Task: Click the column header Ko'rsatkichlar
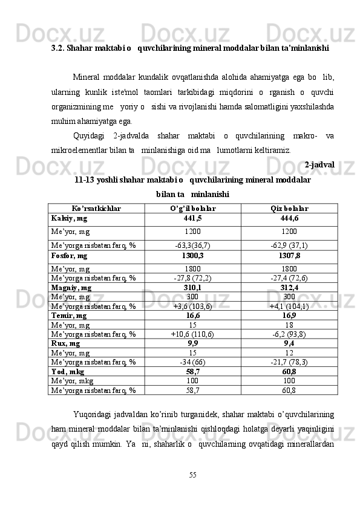click(x=96, y=208)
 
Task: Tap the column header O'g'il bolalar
click(x=192, y=208)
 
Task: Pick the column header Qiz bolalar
click(x=289, y=208)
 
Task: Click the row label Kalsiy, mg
click(x=70, y=218)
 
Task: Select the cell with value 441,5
click(x=192, y=218)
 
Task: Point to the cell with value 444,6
click(x=289, y=218)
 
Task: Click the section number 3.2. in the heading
click(x=58, y=47)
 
